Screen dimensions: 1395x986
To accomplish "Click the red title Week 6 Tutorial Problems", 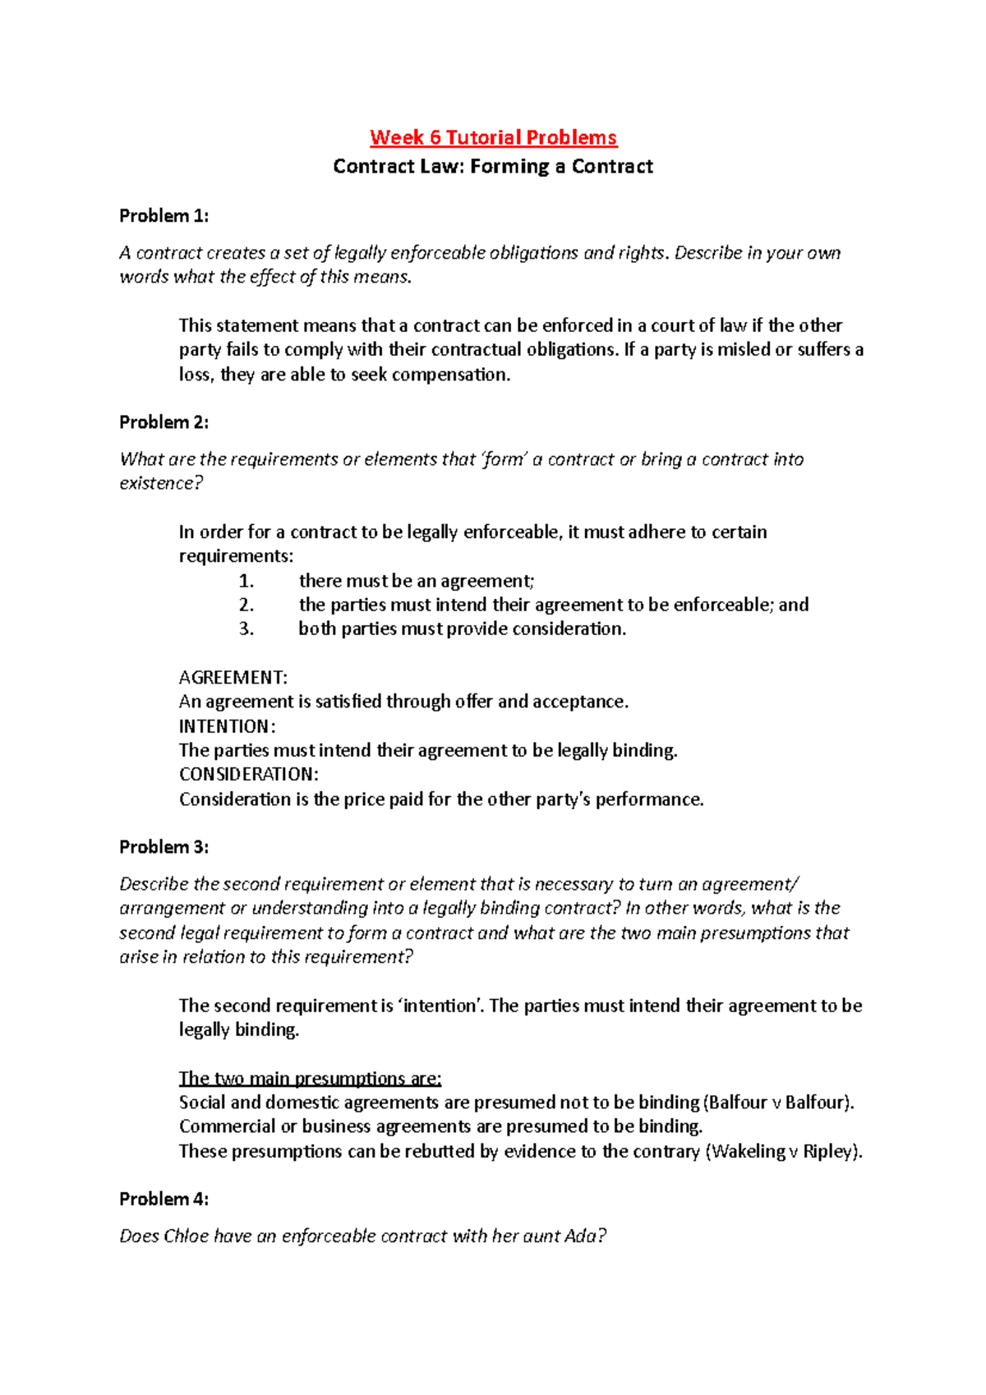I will (x=493, y=137).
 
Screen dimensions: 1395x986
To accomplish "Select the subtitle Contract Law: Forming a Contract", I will (x=493, y=167).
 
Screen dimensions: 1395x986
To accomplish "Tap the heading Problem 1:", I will (x=164, y=216).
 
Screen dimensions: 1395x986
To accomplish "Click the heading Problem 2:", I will (x=164, y=422).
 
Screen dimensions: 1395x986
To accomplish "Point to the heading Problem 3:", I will (x=164, y=847).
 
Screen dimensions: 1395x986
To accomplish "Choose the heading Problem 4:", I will (x=164, y=1199).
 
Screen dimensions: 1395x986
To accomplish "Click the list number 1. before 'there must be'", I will (x=246, y=581).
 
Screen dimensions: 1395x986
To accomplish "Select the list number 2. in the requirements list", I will (x=246, y=605).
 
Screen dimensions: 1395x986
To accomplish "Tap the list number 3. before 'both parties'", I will (x=246, y=629).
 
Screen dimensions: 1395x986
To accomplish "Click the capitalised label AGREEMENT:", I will (x=233, y=678).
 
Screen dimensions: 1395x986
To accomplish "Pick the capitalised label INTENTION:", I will (x=227, y=726).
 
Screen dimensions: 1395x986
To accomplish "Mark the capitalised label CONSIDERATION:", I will (x=248, y=775).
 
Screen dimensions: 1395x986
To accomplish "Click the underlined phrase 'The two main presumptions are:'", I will (x=310, y=1079).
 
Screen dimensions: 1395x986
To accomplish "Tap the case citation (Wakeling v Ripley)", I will (x=784, y=1151).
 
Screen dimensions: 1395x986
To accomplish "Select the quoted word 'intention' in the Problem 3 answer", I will (x=440, y=1006).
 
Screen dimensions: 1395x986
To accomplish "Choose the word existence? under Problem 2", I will (x=161, y=483).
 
